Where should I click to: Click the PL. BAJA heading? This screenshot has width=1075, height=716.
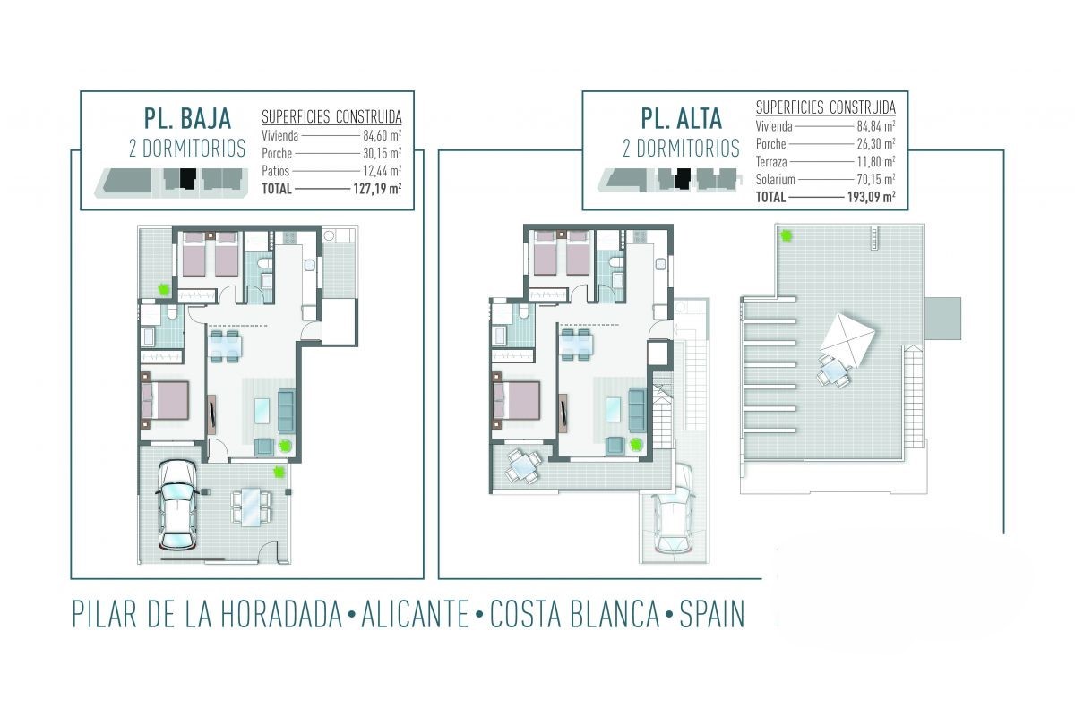pyautogui.click(x=187, y=118)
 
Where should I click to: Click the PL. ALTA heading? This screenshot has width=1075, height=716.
pyautogui.click(x=682, y=118)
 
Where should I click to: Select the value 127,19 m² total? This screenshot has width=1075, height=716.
pyautogui.click(x=377, y=189)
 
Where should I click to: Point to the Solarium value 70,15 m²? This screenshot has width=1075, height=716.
pyautogui.click(x=876, y=179)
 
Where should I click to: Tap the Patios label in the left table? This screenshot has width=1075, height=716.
pyautogui.click(x=276, y=171)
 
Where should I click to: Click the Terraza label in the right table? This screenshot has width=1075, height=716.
pyautogui.click(x=771, y=162)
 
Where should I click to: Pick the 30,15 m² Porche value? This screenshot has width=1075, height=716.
pyautogui.click(x=382, y=153)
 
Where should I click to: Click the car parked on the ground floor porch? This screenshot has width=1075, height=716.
pyautogui.click(x=177, y=504)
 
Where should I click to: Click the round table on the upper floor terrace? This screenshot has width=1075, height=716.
pyautogui.click(x=524, y=465)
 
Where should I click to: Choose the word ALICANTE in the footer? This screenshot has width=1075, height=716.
pyautogui.click(x=415, y=614)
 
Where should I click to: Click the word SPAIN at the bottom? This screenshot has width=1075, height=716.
pyautogui.click(x=711, y=614)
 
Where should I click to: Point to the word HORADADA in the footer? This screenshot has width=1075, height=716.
pyautogui.click(x=281, y=614)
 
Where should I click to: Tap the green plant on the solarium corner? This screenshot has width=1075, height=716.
pyautogui.click(x=787, y=235)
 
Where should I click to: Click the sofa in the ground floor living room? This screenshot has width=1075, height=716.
pyautogui.click(x=286, y=412)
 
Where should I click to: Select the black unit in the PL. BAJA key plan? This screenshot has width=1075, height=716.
pyautogui.click(x=188, y=178)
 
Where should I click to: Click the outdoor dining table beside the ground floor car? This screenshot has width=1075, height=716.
pyautogui.click(x=250, y=507)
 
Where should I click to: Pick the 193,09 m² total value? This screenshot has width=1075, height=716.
pyautogui.click(x=871, y=197)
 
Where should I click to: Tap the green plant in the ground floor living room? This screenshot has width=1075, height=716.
pyautogui.click(x=285, y=447)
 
